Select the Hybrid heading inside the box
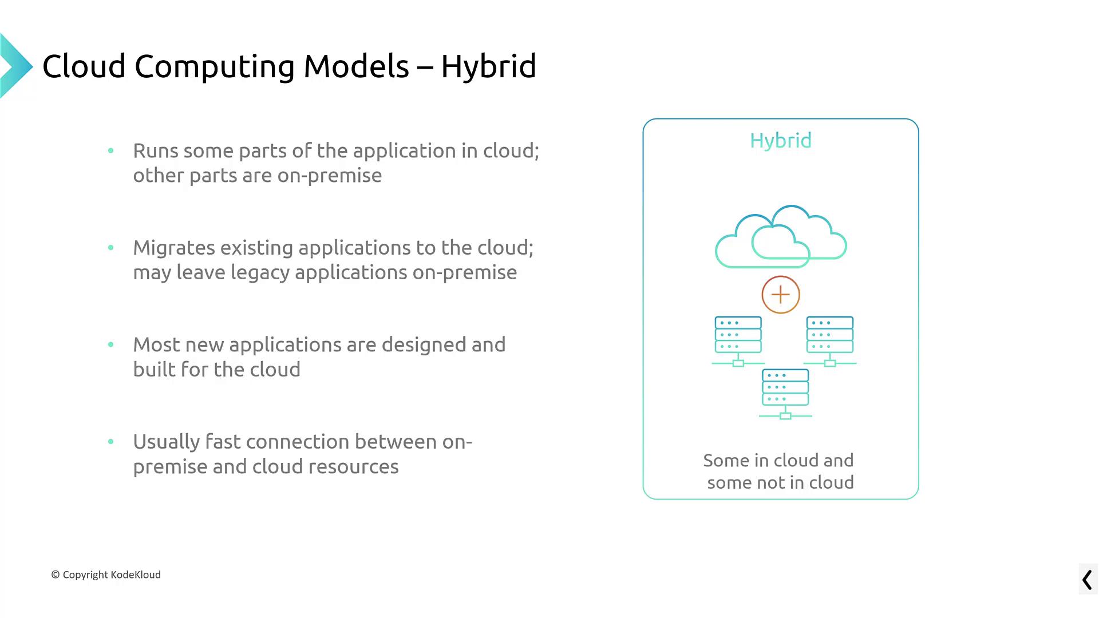(x=781, y=141)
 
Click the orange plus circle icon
(x=781, y=295)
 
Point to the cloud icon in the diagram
(x=781, y=236)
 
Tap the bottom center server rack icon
(x=785, y=394)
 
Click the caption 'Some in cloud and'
(x=778, y=461)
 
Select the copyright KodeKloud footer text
(x=106, y=575)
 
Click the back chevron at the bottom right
(x=1087, y=580)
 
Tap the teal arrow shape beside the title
(x=16, y=66)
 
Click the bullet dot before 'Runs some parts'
(x=110, y=151)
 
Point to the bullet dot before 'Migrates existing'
(x=110, y=248)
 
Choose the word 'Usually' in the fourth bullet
(x=166, y=442)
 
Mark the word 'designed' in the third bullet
(x=424, y=346)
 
